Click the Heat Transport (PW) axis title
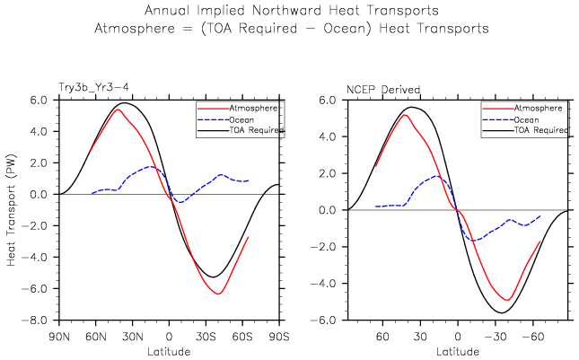coord(13,208)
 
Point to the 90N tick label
coord(59,336)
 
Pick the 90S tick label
coord(279,336)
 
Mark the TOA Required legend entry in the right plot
coord(540,130)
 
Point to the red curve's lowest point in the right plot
coord(507,300)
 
